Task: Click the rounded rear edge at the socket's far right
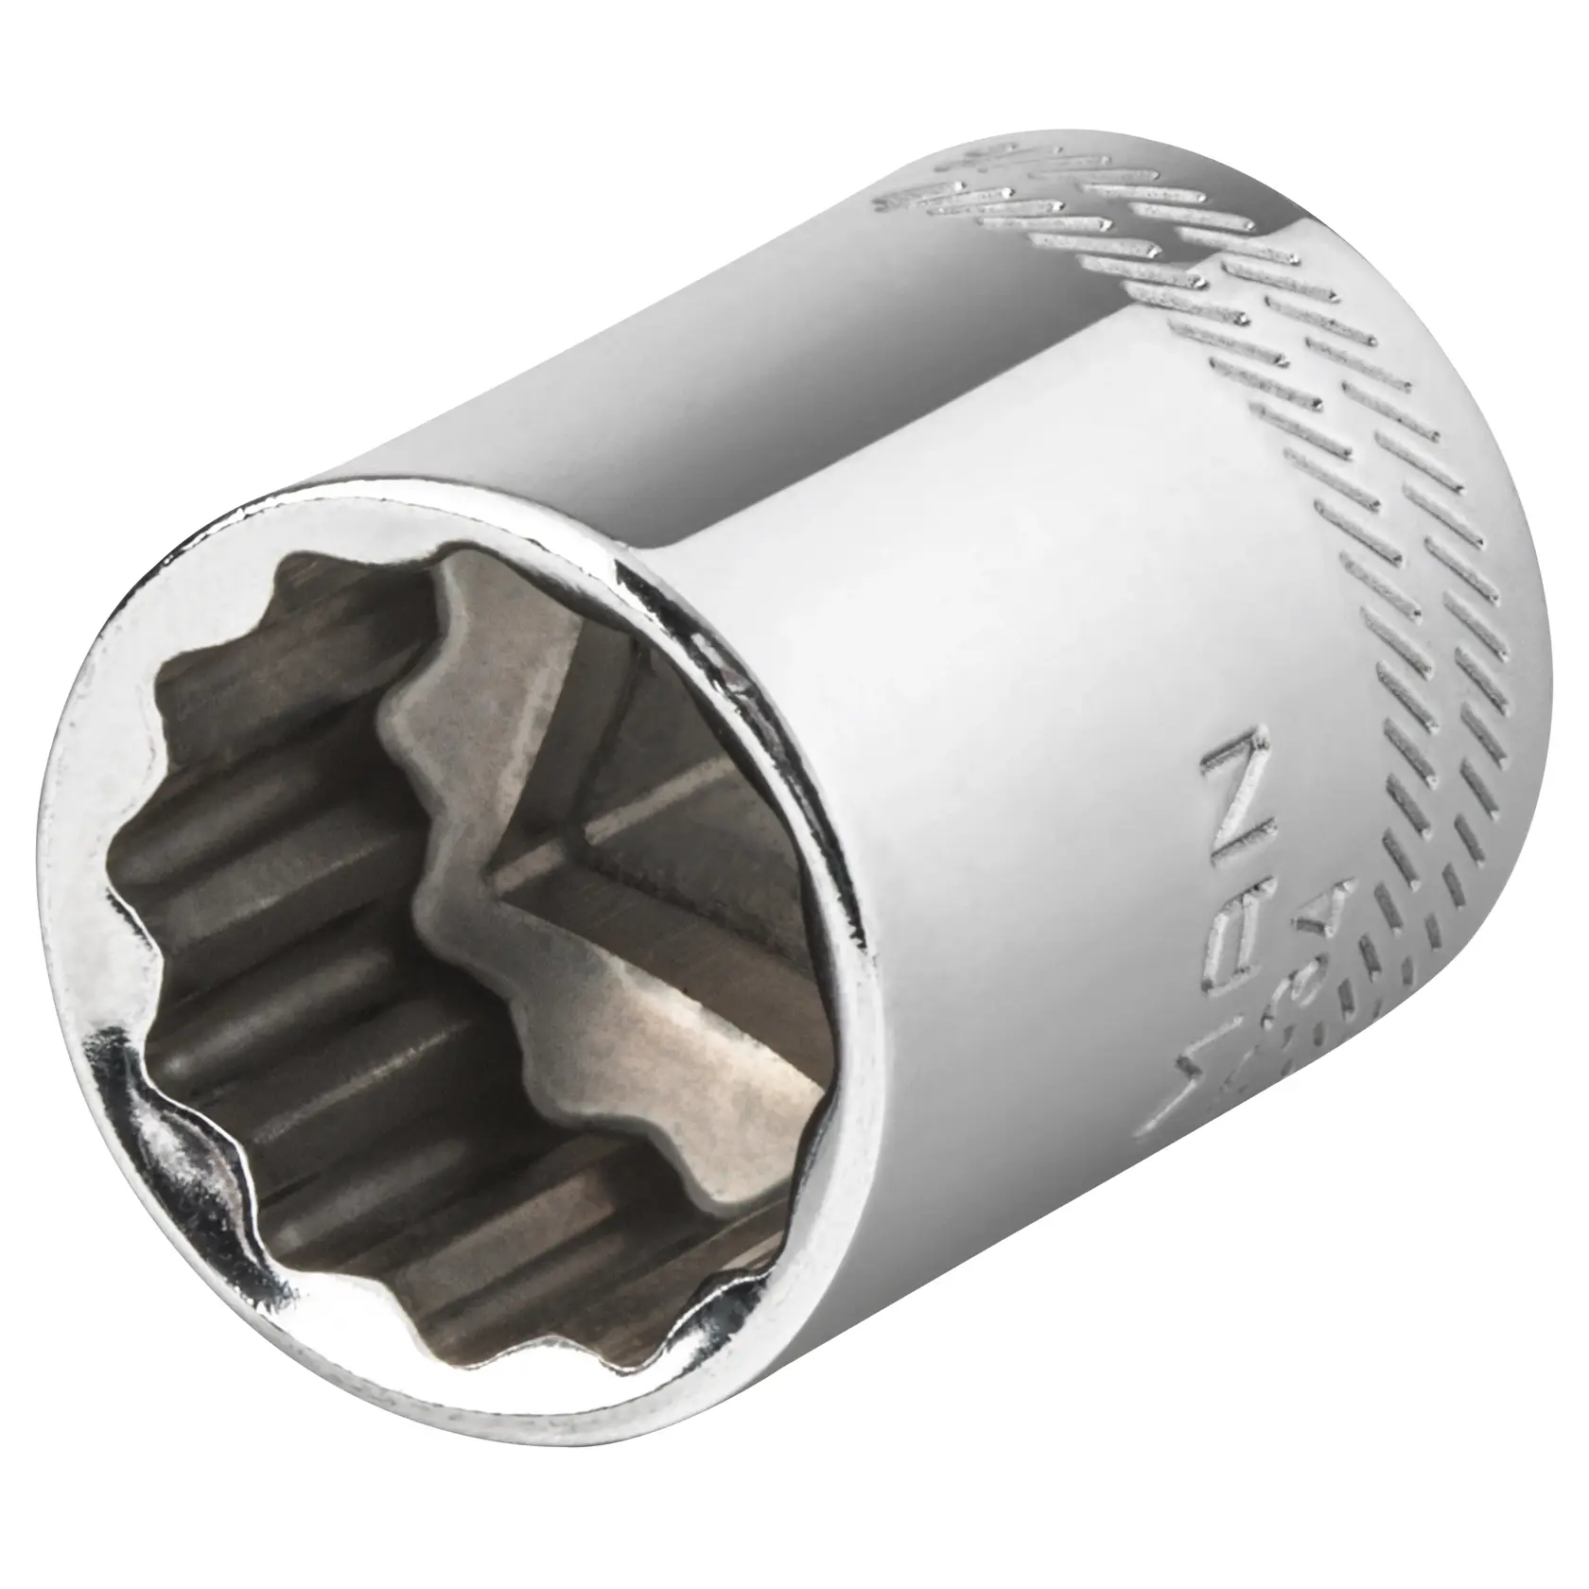click(x=1537, y=662)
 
